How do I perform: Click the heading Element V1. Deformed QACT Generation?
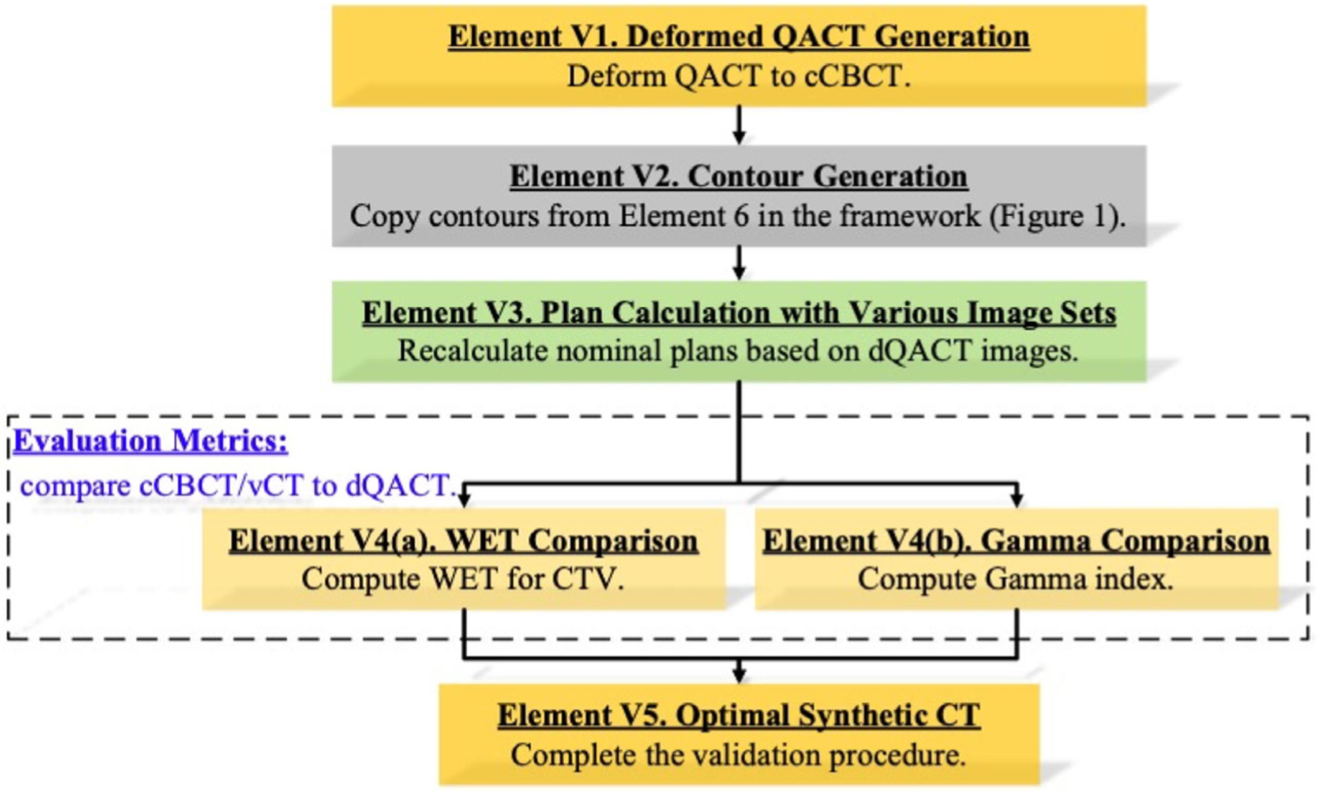pos(739,37)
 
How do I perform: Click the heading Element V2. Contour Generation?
pos(739,176)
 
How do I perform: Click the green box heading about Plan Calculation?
pos(739,313)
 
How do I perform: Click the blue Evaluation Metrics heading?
pos(151,441)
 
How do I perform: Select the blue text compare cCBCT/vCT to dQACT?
pos(238,485)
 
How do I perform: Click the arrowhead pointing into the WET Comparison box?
pos(464,499)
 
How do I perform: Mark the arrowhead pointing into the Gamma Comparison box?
pos(1016,499)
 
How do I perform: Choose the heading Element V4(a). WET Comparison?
pos(463,541)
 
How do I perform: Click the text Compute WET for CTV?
pos(463,579)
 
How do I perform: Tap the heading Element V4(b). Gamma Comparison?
pos(1016,541)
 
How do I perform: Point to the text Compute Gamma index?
pos(1016,579)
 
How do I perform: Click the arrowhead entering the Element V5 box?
pos(739,674)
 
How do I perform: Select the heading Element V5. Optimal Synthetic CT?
pos(739,715)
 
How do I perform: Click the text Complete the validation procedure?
pos(739,755)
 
